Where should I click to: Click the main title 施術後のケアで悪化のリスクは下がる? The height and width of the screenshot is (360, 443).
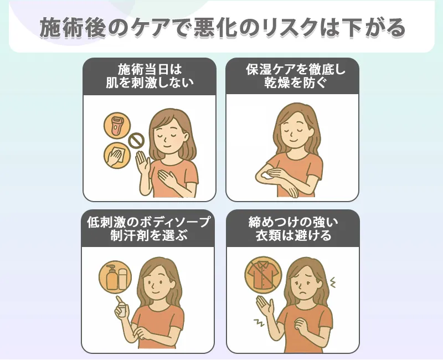click(x=221, y=28)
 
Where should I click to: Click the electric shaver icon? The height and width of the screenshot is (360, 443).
click(x=117, y=126)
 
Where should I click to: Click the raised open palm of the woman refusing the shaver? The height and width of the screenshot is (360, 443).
click(x=142, y=162)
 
